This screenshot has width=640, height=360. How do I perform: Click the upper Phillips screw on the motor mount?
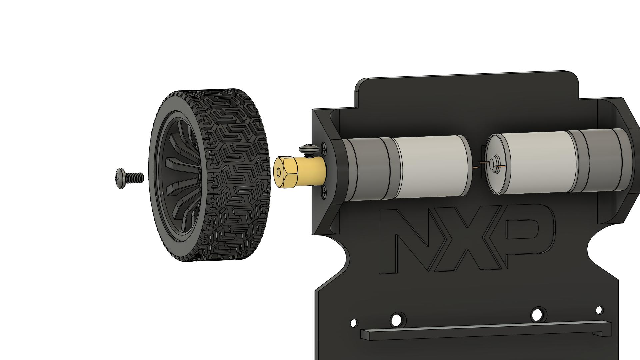coord(324,147)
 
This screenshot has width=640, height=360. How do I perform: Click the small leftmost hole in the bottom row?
coord(354,323)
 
